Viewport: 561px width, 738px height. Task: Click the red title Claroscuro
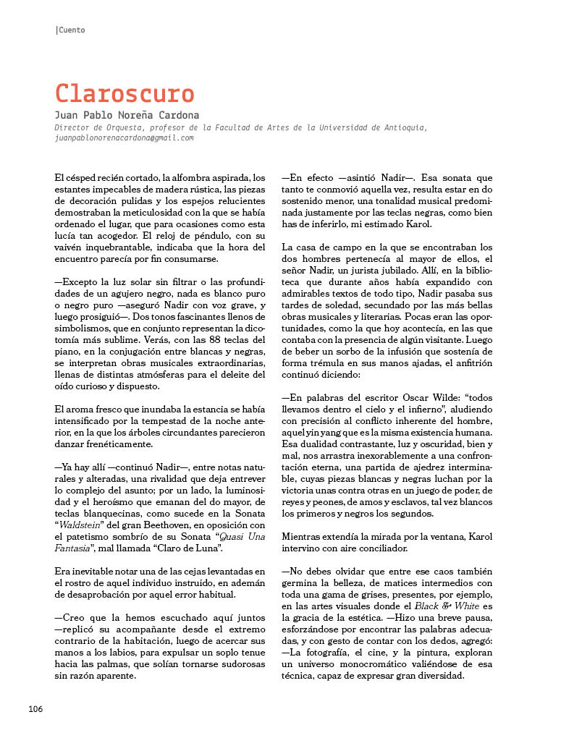[x=125, y=93]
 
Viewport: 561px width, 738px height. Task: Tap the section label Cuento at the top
[x=71, y=30]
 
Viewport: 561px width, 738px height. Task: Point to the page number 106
[x=35, y=708]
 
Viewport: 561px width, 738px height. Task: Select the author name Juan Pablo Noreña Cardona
[x=127, y=116]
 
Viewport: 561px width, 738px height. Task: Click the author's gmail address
[x=124, y=137]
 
